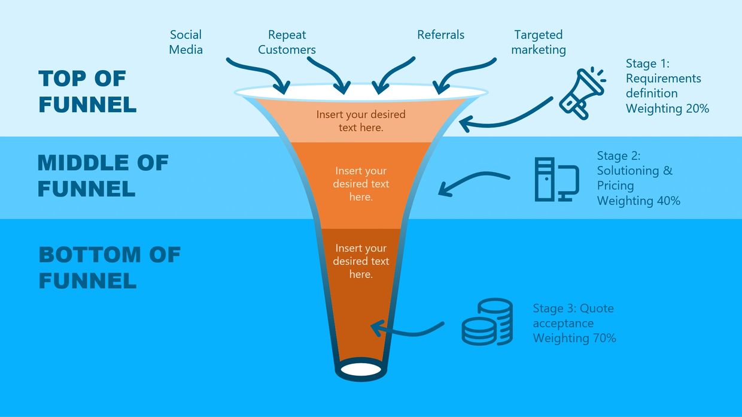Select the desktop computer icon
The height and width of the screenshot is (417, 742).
coord(556,179)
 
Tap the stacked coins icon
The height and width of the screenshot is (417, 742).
coord(487,322)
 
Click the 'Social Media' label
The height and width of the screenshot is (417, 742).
coord(186,42)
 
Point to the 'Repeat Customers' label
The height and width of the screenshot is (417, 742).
coord(287,42)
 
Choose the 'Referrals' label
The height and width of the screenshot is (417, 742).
coord(440,35)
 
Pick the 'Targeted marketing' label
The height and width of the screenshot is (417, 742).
coord(539,42)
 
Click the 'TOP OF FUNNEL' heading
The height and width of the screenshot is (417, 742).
coord(87,91)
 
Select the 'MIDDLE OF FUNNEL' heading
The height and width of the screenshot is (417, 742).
coord(103,176)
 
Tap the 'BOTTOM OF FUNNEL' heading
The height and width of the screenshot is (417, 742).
coord(110,267)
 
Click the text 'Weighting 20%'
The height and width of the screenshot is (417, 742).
coord(667,108)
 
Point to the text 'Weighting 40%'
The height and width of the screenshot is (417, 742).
coord(638,201)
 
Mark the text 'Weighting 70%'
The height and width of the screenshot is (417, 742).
coord(574,338)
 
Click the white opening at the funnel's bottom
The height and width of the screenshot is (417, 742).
coord(360,367)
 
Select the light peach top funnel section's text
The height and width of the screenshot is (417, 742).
coord(361,120)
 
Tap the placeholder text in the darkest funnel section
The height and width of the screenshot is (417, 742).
coord(361,261)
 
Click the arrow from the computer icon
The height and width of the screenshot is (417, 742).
coord(473,182)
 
